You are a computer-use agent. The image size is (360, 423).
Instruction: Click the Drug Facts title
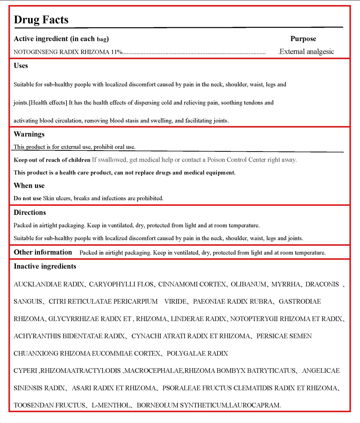pyautogui.click(x=41, y=19)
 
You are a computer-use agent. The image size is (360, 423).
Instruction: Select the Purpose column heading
pyautogui.click(x=303, y=39)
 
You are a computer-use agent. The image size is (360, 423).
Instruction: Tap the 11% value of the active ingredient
pyautogui.click(x=116, y=52)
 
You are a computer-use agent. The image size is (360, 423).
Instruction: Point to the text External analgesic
pyautogui.click(x=307, y=51)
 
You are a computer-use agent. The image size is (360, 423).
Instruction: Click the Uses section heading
pyautogui.click(x=21, y=66)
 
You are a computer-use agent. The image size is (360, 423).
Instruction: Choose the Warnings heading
pyautogui.click(x=29, y=134)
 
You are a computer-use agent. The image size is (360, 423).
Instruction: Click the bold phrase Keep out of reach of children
pyautogui.click(x=52, y=160)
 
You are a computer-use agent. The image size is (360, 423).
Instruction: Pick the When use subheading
pyautogui.click(x=29, y=186)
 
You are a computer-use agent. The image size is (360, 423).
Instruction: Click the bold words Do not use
pyautogui.click(x=28, y=198)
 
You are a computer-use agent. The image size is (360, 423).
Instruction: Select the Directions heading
pyautogui.click(x=30, y=213)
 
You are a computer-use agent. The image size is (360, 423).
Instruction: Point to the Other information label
pyautogui.click(x=43, y=252)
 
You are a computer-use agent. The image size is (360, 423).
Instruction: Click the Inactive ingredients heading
pyautogui.click(x=45, y=267)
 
